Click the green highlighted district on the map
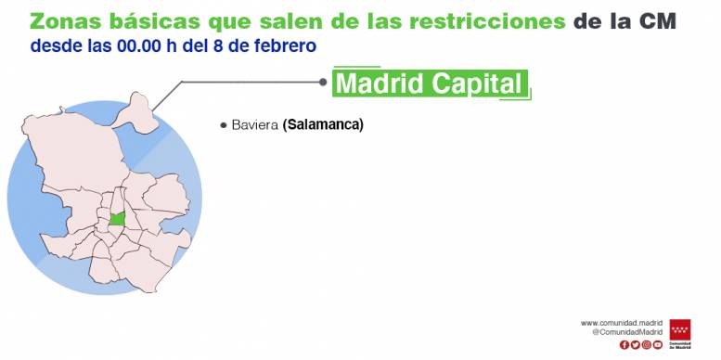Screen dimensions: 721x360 (118, 218)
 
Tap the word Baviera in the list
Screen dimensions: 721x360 (255, 125)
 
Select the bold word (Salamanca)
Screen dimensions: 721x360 (323, 125)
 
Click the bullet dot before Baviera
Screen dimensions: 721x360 (224, 125)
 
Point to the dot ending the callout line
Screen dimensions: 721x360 (323, 82)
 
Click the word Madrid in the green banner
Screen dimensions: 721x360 (380, 84)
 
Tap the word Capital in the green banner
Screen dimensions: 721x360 (477, 84)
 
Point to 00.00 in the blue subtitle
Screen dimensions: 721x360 (139, 46)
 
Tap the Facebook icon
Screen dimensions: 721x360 (624, 345)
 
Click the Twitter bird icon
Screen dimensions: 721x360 (635, 345)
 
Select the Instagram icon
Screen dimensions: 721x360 (647, 345)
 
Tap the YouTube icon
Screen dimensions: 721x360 (658, 345)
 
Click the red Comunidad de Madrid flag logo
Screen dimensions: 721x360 (680, 329)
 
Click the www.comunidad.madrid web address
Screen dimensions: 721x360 (621, 323)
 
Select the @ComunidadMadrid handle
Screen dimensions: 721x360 (627, 332)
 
